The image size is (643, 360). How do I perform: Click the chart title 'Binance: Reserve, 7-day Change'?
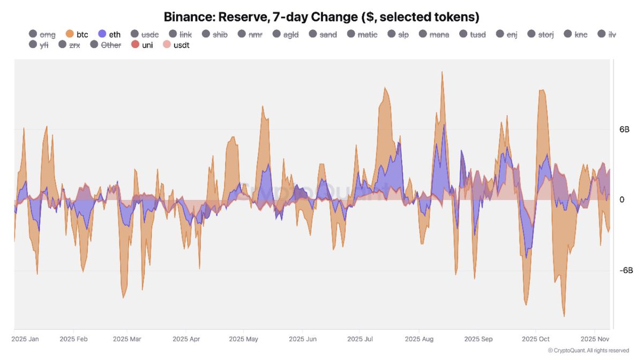pyautogui.click(x=322, y=16)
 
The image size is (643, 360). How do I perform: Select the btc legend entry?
pyautogui.click(x=76, y=34)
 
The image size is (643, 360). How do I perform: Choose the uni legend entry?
pyautogui.click(x=142, y=45)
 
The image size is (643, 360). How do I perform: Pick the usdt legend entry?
pyautogui.click(x=176, y=45)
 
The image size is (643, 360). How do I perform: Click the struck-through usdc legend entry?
pyautogui.click(x=144, y=34)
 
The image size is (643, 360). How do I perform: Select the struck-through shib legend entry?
pyautogui.click(x=214, y=34)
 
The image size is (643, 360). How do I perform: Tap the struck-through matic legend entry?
pyautogui.click(x=362, y=34)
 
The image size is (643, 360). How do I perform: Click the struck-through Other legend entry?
pyautogui.click(x=106, y=45)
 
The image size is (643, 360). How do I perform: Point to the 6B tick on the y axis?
pyautogui.click(x=625, y=130)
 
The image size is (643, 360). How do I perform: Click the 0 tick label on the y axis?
pyautogui.click(x=622, y=200)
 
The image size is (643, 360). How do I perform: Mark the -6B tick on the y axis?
pyautogui.click(x=626, y=271)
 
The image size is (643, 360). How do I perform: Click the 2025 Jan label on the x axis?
pyautogui.click(x=25, y=339)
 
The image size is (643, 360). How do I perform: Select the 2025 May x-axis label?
pyautogui.click(x=243, y=339)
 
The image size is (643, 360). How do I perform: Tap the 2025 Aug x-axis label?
pyautogui.click(x=419, y=339)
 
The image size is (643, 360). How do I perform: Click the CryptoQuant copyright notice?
pyautogui.click(x=588, y=350)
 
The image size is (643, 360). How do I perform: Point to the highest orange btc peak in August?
pyautogui.click(x=442, y=72)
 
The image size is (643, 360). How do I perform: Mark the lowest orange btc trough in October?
pyautogui.click(x=564, y=316)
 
